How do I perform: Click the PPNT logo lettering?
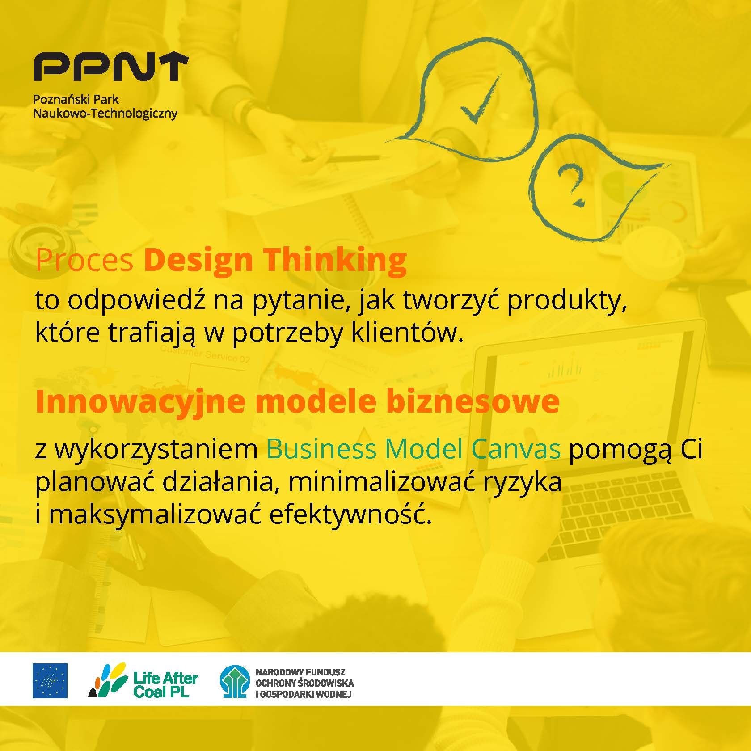pos(111,67)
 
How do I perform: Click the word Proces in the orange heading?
pos(84,260)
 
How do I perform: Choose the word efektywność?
pos(351,515)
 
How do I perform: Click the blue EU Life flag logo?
pos(50,681)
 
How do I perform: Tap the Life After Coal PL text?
pos(165,685)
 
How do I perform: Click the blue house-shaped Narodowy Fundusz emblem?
pos(234,681)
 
